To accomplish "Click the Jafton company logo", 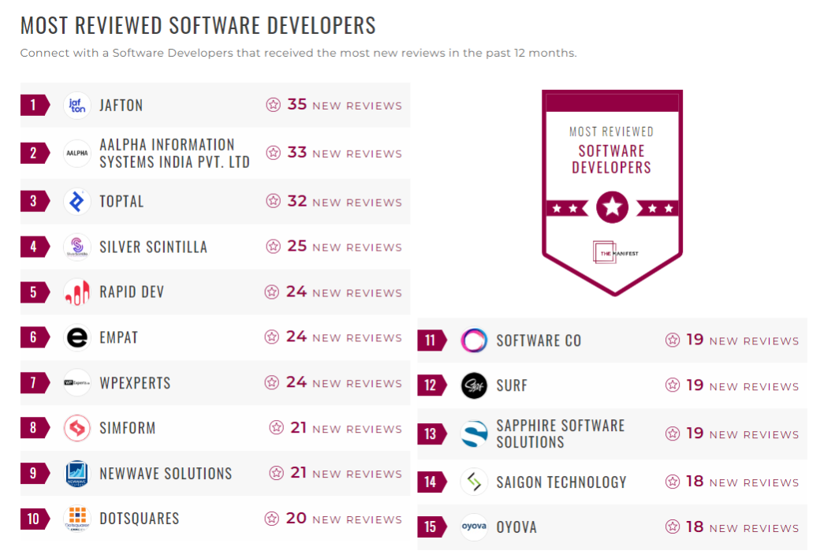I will tap(76, 105).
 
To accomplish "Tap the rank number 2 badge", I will tap(34, 153).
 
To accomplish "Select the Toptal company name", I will tap(121, 202).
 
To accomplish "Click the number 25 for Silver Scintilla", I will tap(296, 247).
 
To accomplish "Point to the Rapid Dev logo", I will tap(76, 292).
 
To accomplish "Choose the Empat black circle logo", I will tap(76, 338).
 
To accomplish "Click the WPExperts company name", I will tap(135, 383).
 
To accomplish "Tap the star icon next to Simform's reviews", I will tap(276, 428).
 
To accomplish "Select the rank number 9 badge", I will tap(34, 474).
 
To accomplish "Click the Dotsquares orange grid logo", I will tap(76, 517).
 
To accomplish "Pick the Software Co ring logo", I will tap(474, 340).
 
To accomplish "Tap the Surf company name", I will tap(512, 386).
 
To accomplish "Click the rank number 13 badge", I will tap(430, 434).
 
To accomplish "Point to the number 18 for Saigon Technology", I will tap(694, 482).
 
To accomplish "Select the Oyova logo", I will tap(474, 527).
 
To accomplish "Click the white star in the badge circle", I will tap(613, 208).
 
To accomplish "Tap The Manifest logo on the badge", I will tap(613, 252).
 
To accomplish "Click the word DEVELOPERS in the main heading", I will tap(310, 25).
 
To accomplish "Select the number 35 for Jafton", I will tap(296, 105).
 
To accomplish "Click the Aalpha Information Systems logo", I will tap(76, 153).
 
